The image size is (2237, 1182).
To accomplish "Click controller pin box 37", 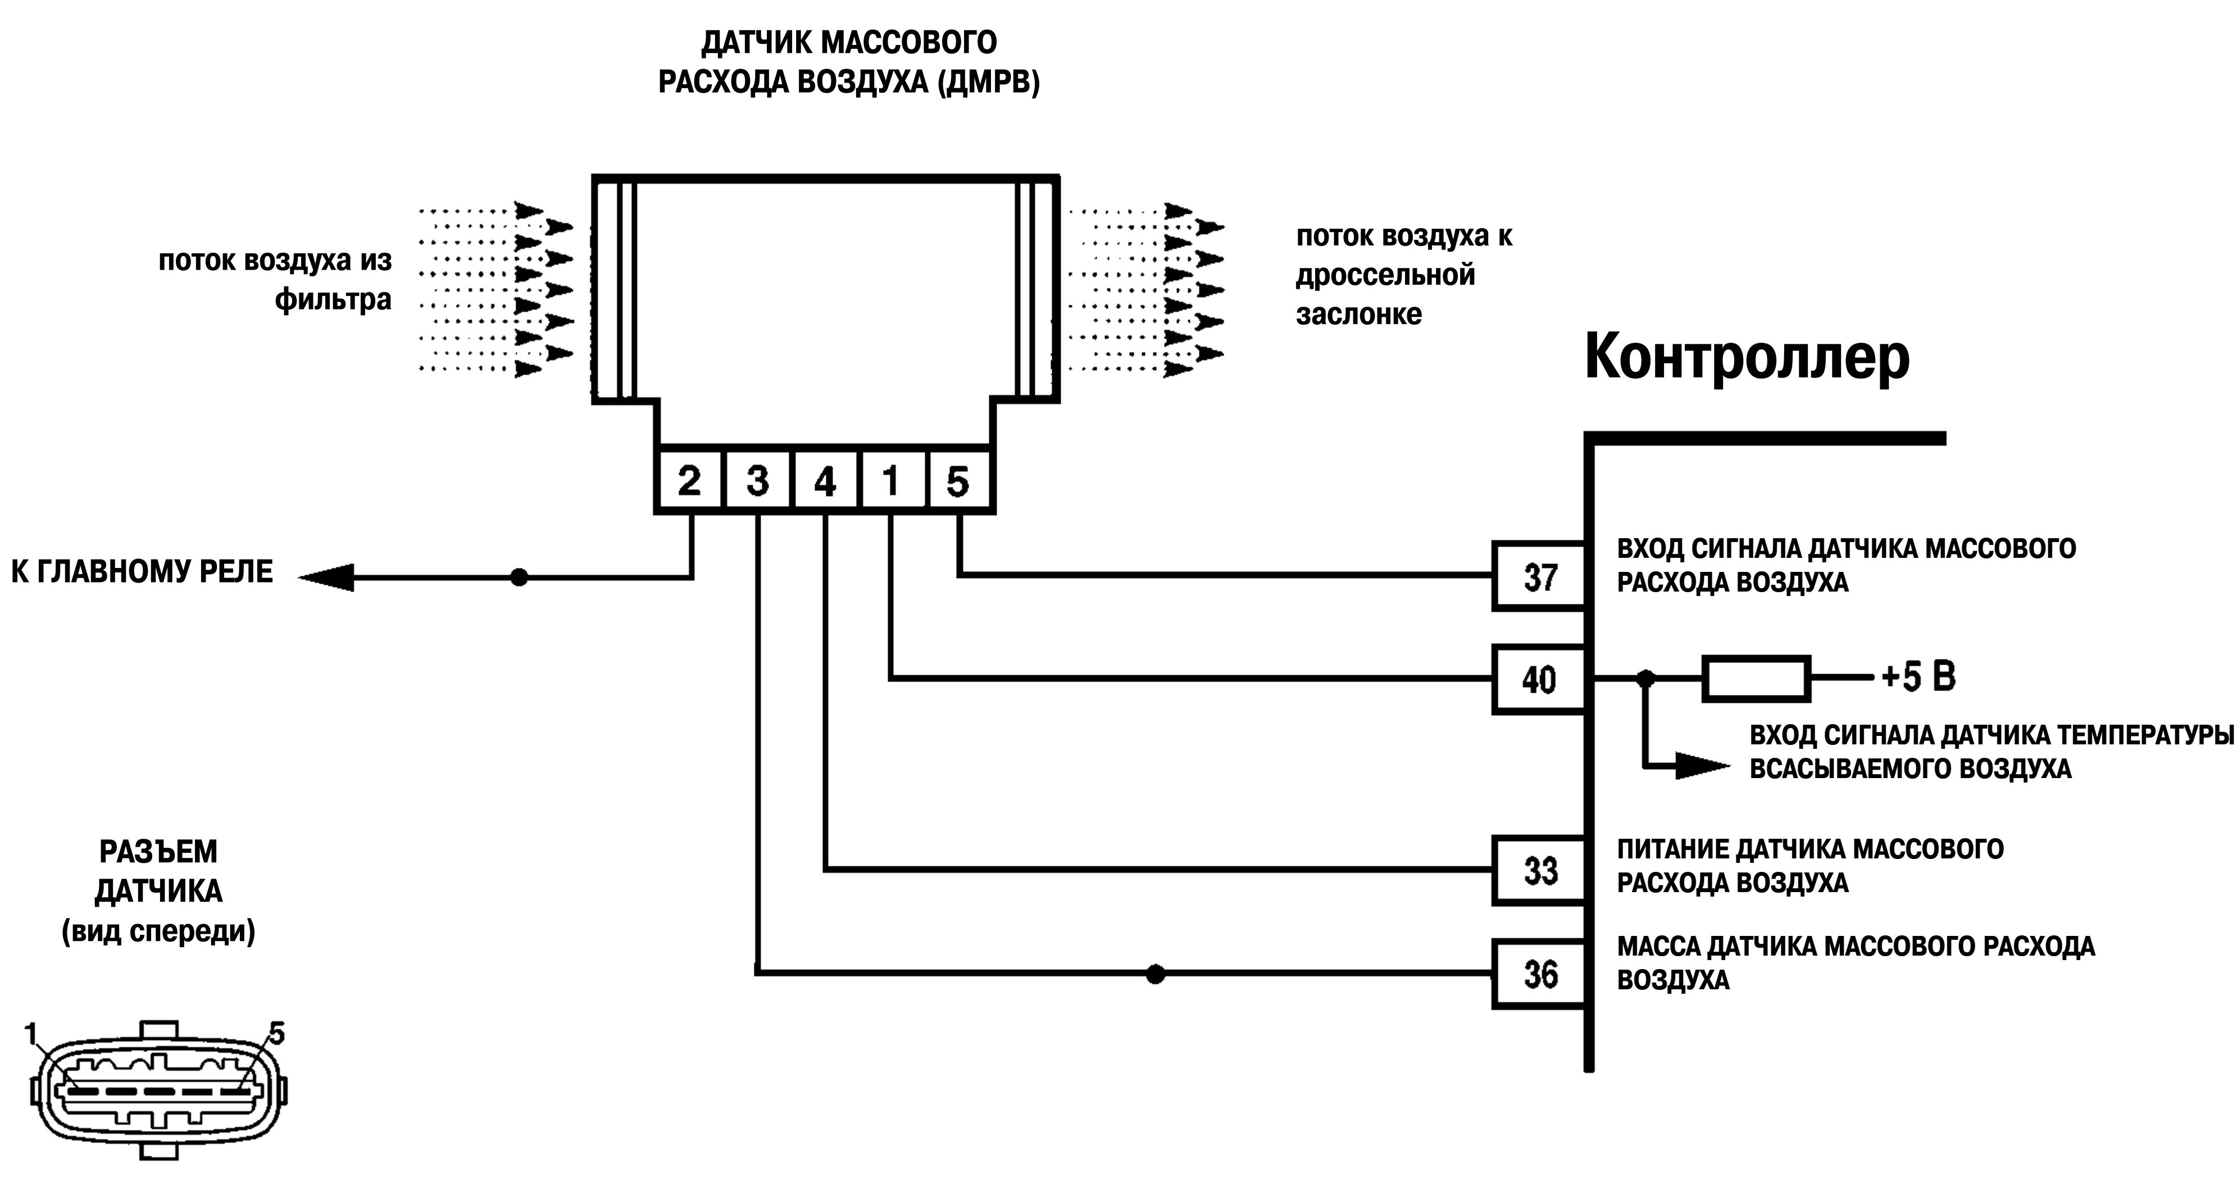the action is tap(1540, 576).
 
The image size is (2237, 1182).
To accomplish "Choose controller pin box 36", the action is tap(1540, 974).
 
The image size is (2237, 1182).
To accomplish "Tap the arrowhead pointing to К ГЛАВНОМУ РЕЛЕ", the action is tap(326, 576).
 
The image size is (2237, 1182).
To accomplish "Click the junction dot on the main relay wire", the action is tap(519, 576).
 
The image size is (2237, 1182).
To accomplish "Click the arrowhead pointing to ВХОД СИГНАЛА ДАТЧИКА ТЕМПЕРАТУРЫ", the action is tap(1703, 765).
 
